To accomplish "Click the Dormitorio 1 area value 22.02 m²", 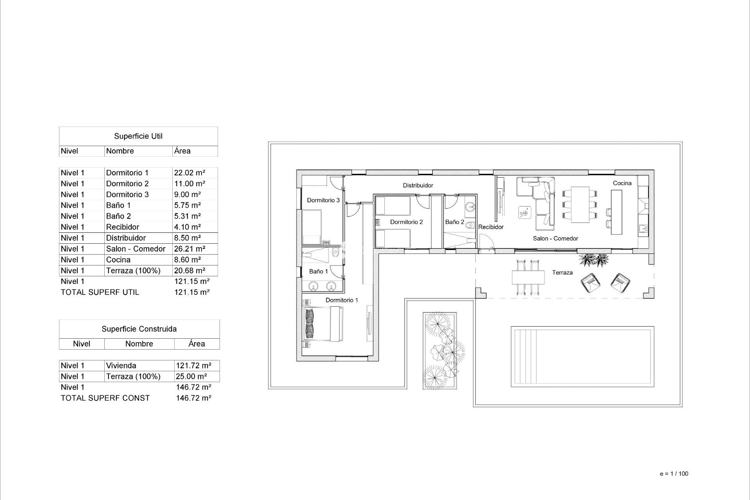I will tap(189, 173).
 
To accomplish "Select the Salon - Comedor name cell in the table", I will tap(136, 249).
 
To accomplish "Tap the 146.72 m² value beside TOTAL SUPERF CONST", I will tap(193, 398).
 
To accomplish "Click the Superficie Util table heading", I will tap(138, 136).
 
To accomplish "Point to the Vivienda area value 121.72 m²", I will tap(193, 366).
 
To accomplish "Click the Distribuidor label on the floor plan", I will tap(418, 186).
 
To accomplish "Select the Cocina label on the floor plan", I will tap(622, 183).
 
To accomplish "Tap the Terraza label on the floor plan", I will tap(562, 273).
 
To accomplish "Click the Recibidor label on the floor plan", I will tap(491, 227).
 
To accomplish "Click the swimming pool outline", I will tap(582, 357).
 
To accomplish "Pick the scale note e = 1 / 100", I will tap(674, 474).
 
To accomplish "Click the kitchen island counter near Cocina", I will tap(616, 212).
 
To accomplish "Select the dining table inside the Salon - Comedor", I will tap(580, 204).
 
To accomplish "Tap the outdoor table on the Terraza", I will tap(528, 277).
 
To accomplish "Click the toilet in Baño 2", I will tap(470, 225).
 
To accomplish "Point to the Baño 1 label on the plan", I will tap(318, 271).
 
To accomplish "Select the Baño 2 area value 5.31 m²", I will tap(187, 216).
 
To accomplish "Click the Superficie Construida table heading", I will tap(139, 329).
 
